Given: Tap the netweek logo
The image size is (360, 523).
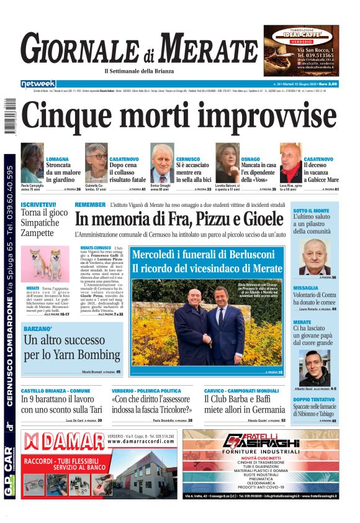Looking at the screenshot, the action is (x=38, y=84).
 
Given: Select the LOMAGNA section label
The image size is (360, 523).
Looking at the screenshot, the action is (x=58, y=160).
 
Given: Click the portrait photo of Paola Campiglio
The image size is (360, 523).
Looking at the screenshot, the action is (x=32, y=163).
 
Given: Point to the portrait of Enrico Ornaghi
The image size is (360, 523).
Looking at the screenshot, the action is (x=162, y=163).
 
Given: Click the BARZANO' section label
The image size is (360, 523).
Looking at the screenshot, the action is (x=38, y=327).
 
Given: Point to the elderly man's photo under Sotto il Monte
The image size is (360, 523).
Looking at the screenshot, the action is (x=315, y=257).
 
